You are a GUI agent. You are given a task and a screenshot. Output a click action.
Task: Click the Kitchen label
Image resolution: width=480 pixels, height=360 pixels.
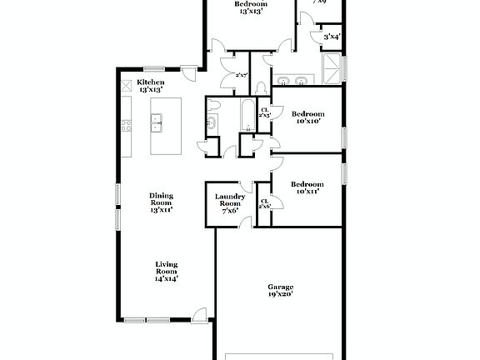pyautogui.click(x=151, y=85)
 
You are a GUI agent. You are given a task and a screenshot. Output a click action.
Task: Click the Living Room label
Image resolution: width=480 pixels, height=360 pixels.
pyautogui.click(x=167, y=271)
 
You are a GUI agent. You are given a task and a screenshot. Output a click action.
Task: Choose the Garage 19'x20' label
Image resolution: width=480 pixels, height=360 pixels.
pyautogui.click(x=280, y=290)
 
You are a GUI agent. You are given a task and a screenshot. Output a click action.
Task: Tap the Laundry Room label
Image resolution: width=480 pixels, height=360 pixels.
pyautogui.click(x=229, y=202)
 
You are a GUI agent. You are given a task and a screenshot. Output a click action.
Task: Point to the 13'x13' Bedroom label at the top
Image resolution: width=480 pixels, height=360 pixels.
pyautogui.click(x=250, y=7)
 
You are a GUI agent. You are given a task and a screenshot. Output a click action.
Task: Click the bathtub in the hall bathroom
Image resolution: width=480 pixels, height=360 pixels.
pyautogui.click(x=248, y=116)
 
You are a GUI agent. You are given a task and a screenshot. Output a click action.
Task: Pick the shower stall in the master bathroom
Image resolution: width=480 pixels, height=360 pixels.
pyautogui.click(x=332, y=68)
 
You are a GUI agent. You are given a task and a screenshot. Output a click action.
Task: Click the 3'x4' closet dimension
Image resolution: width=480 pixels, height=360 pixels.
pyautogui.click(x=331, y=36)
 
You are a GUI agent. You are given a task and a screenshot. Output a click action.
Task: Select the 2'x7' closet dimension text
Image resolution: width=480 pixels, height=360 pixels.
pyautogui.click(x=242, y=75)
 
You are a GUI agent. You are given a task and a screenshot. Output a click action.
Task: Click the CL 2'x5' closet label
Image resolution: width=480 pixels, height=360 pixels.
pyautogui.click(x=264, y=112)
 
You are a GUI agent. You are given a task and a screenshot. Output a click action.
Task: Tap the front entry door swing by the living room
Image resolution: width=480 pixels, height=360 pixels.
pyautogui.click(x=198, y=315)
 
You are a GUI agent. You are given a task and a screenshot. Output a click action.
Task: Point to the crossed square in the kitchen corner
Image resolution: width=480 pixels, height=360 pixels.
pyautogui.click(x=127, y=85)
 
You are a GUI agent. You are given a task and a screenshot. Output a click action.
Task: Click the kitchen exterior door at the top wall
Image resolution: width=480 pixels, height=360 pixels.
pyautogui.click(x=190, y=75)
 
